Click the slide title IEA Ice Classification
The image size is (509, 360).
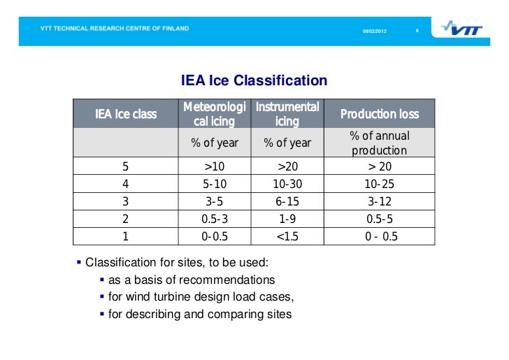tap(254, 81)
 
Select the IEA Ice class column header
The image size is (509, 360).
tap(126, 114)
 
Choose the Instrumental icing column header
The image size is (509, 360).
tap(287, 114)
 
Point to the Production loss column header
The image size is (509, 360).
tap(380, 114)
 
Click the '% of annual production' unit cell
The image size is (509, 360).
tap(380, 143)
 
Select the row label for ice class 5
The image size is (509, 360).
tap(126, 167)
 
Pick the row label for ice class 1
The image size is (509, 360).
tap(126, 236)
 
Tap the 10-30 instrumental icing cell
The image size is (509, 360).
tap(287, 185)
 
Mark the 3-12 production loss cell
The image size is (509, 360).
tap(380, 202)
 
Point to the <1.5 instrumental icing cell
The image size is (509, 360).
tap(287, 236)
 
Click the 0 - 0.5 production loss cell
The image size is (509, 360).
tap(380, 236)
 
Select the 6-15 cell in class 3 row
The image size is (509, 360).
tap(287, 202)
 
